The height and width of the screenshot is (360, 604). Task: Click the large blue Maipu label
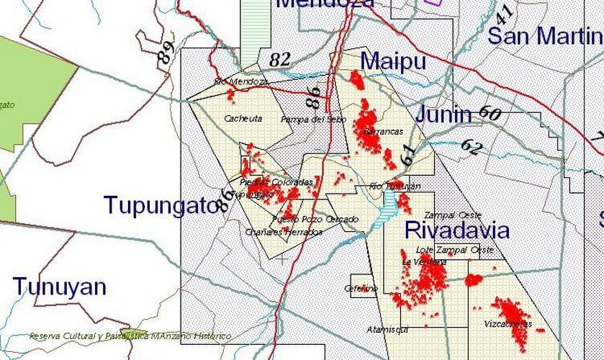pyautogui.click(x=392, y=62)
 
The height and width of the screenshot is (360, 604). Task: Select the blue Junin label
pyautogui.click(x=442, y=114)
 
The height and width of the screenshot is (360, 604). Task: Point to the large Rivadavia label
pyautogui.click(x=456, y=230)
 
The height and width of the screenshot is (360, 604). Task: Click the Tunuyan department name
pyautogui.click(x=59, y=287)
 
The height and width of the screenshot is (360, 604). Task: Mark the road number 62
pyautogui.click(x=471, y=147)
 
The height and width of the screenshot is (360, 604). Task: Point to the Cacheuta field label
pyautogui.click(x=243, y=118)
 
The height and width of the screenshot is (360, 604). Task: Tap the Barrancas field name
pyautogui.click(x=384, y=132)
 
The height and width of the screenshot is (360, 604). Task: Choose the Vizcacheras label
pyautogui.click(x=508, y=324)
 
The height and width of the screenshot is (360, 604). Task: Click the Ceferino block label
pyautogui.click(x=361, y=289)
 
